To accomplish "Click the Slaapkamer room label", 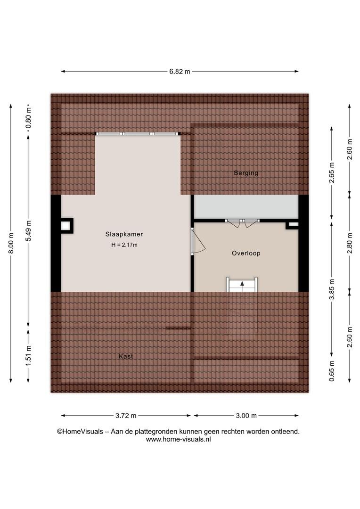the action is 124,234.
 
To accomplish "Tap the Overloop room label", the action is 246,253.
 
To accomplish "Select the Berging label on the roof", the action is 246,173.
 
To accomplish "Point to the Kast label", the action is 126,356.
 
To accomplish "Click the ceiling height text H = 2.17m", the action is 124,245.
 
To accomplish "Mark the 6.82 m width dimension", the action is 180,72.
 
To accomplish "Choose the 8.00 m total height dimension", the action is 11,244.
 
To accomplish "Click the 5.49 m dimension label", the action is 29,231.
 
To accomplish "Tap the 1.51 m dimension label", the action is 29,355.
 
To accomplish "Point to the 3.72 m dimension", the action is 126,416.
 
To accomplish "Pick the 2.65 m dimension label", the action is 332,172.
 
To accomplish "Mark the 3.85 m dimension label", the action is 332,289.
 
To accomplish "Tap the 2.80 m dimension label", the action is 350,244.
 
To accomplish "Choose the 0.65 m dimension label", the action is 332,371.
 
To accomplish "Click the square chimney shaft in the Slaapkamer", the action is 66,226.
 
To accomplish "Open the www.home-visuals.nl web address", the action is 178,440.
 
